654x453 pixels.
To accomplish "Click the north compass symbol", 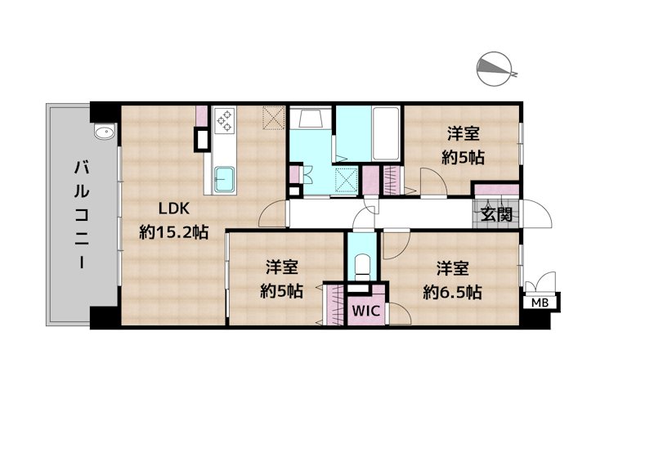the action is [495, 70].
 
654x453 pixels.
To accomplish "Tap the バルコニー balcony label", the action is [82, 215].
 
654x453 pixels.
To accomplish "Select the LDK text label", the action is [174, 209].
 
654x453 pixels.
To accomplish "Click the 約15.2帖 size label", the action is [174, 232].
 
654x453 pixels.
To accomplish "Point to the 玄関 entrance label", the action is [496, 214].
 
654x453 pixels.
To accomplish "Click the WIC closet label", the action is [365, 311].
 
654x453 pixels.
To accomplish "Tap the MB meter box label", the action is [540, 303].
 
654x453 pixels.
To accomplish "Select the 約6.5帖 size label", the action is [453, 292].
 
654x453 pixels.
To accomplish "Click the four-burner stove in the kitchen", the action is [225, 120].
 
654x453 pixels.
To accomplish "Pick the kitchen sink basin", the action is [224, 179].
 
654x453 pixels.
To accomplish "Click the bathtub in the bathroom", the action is [386, 133].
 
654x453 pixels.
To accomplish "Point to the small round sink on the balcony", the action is [104, 132].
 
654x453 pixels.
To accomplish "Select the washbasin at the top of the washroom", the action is [311, 118].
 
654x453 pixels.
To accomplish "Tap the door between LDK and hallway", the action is [271, 213].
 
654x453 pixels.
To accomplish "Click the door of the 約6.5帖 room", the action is [396, 244].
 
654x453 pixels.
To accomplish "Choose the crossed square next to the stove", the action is [274, 118].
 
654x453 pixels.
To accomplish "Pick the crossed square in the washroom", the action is [347, 179].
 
